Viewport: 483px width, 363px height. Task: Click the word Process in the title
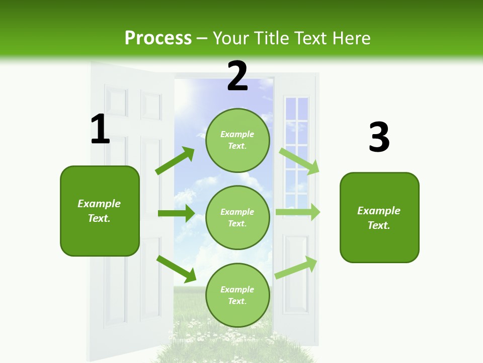[x=158, y=38]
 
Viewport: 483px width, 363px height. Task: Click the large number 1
[x=100, y=130]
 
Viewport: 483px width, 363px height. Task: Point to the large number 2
[x=237, y=77]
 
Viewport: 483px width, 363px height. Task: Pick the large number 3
[x=379, y=138]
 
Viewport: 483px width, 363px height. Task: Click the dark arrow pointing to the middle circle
[x=176, y=213]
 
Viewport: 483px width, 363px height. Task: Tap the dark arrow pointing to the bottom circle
[x=177, y=268]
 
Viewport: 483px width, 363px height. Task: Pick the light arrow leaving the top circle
[x=299, y=161]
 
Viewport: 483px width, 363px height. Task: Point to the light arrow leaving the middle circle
[x=298, y=212]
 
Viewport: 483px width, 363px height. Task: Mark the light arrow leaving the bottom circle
[x=296, y=267]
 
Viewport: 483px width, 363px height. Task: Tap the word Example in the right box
[x=379, y=211]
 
